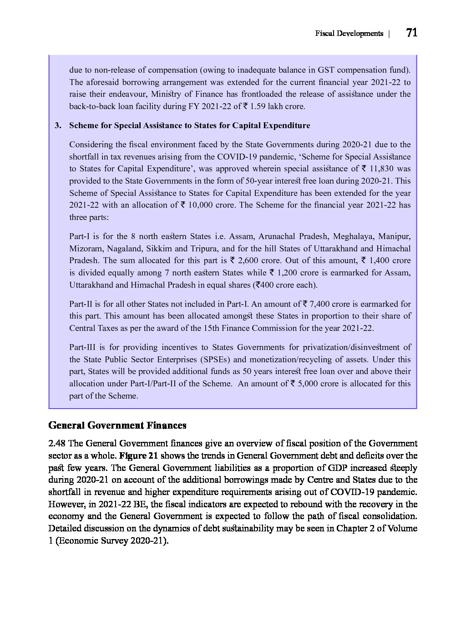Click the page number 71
click(411, 33)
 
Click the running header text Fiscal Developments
click(349, 34)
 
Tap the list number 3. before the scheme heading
click(58, 125)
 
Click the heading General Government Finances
click(117, 425)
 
